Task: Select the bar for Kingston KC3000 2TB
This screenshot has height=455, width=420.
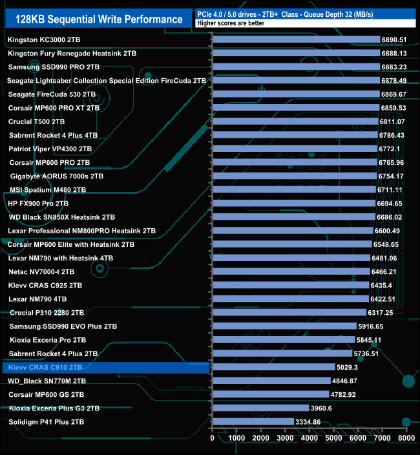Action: tap(296, 39)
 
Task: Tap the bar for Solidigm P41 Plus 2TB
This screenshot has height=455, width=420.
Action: tap(253, 421)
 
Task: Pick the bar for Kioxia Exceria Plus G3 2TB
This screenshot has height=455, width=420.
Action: tap(260, 408)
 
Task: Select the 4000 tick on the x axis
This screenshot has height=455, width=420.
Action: tap(309, 438)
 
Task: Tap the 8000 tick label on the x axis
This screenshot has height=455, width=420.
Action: tap(406, 438)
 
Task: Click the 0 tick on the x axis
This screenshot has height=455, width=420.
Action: tap(213, 438)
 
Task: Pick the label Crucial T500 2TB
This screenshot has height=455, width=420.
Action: tap(36, 122)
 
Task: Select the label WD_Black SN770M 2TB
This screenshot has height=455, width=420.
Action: tap(47, 381)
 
